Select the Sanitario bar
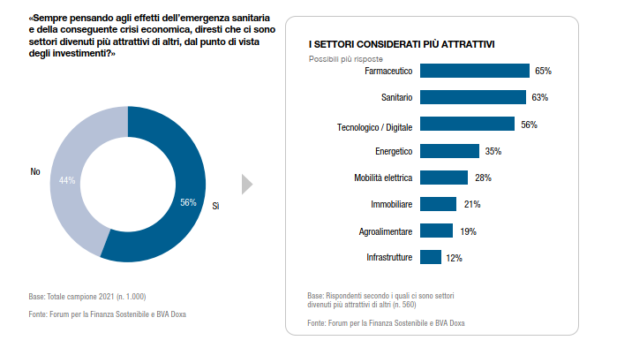tap(473, 97)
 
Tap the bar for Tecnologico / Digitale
tap(467, 125)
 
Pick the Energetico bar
tap(449, 151)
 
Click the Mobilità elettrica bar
tap(444, 178)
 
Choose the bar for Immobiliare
tap(438, 204)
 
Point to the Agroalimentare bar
tap(436, 231)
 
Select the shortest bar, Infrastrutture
tap(431, 258)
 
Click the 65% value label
tap(543, 71)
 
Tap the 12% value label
tap(454, 258)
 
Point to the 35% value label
tap(493, 151)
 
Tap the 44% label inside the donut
tap(67, 180)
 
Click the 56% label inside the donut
tap(188, 202)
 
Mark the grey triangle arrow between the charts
tap(247, 184)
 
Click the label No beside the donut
tap(36, 172)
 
